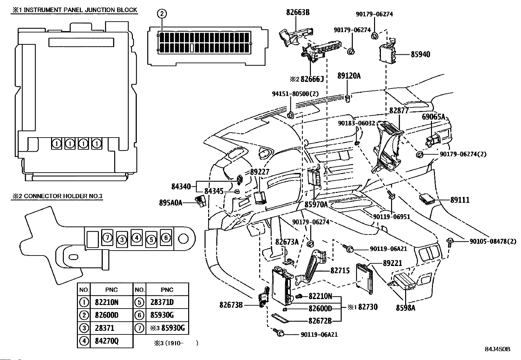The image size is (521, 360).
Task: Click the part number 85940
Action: coord(421,54)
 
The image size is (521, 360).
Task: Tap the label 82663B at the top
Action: coord(297,13)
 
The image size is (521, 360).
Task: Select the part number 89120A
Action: coord(349,76)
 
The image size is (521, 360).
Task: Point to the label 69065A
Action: coord(433,117)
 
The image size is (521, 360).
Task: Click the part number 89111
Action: coord(460,200)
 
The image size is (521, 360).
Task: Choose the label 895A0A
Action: coord(171,203)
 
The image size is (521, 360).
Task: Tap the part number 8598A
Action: coord(405,308)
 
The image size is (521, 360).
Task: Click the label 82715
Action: coord(340,271)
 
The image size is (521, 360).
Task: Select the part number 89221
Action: coord(392,263)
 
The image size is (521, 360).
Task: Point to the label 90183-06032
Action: coord(356,123)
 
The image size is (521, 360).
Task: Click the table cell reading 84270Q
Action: coord(107,341)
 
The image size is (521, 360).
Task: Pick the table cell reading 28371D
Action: coord(162,302)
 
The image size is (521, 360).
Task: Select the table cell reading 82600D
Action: coord(107,315)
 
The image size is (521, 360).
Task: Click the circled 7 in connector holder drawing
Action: coord(107,237)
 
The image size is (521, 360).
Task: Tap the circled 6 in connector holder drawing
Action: coord(166,237)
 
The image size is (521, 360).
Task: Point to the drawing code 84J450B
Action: coord(497,349)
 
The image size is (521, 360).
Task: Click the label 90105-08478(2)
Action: coord(493,241)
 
